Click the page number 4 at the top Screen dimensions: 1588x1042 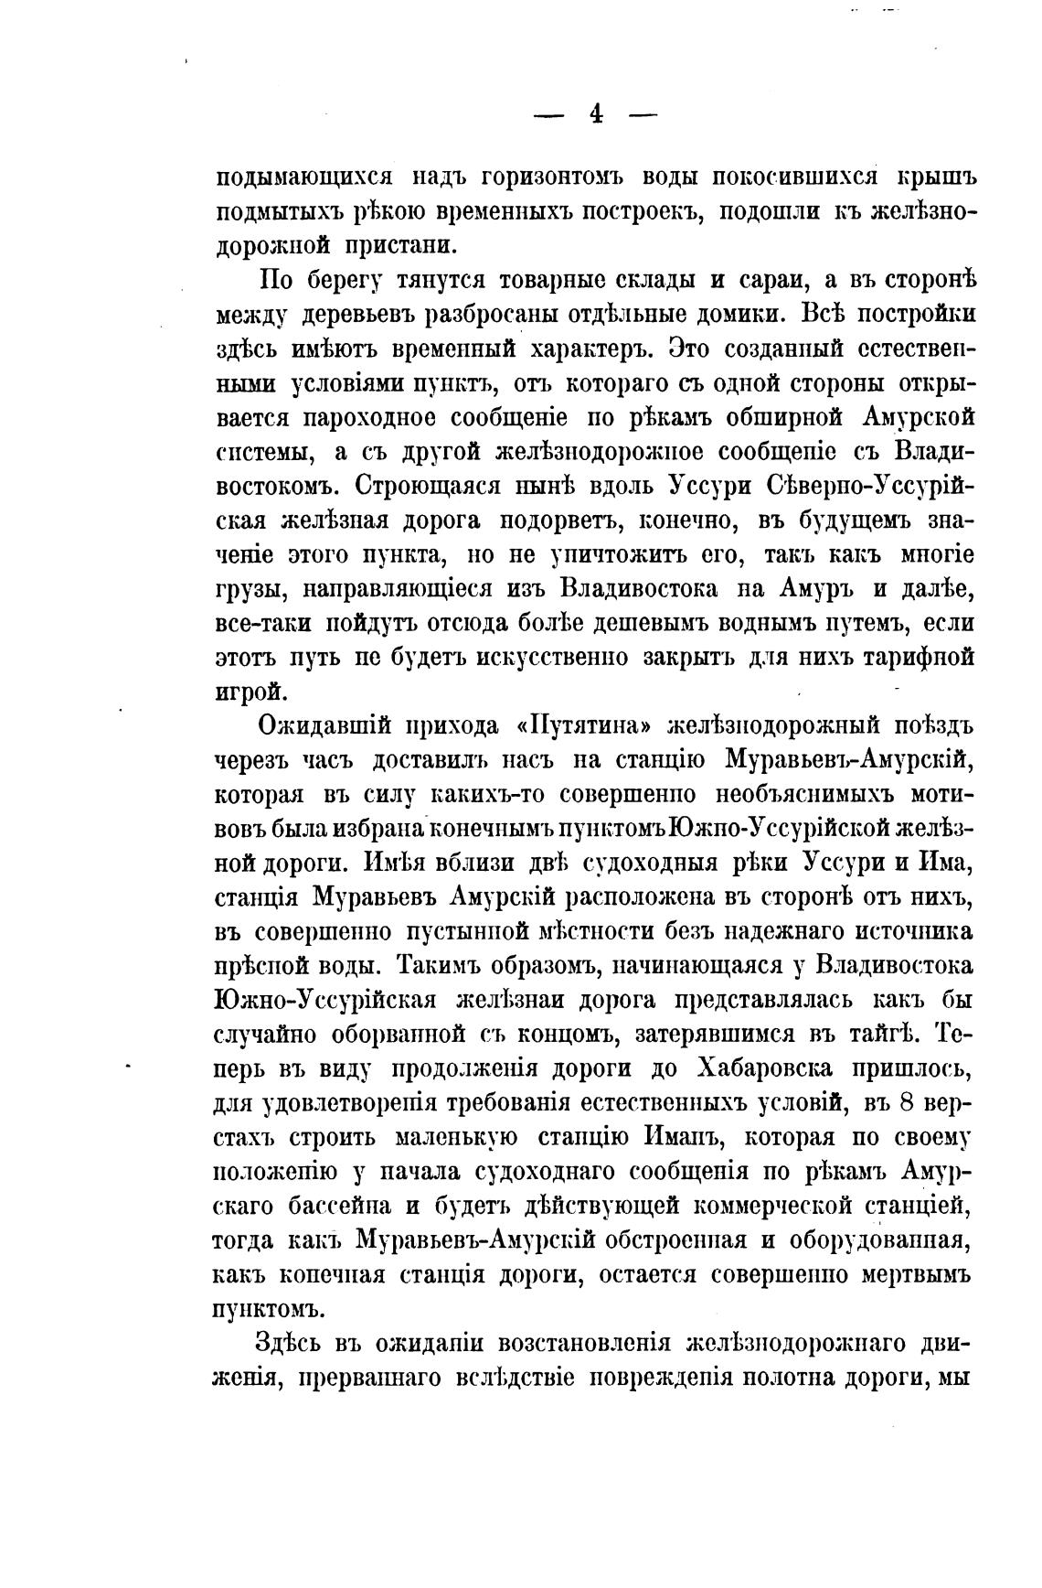tap(596, 114)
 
